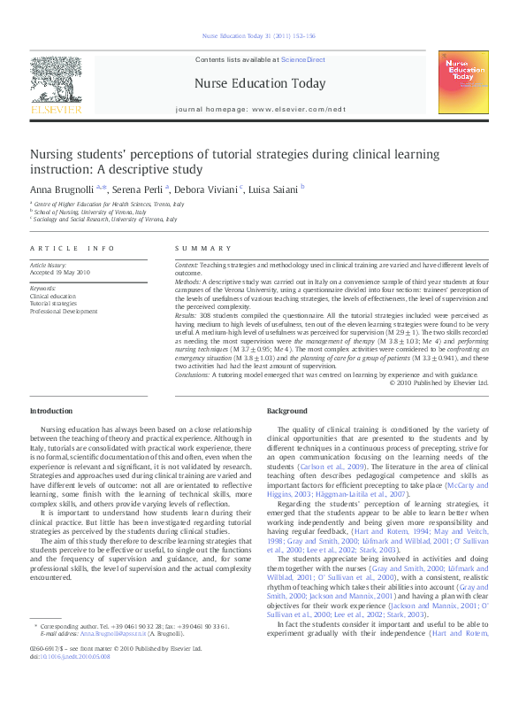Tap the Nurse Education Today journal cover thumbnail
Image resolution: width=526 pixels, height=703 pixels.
462,81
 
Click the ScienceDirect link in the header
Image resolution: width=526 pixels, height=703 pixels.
302,59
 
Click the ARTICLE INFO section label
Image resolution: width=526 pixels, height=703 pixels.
72,249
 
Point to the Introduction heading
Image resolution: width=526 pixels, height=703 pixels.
52,411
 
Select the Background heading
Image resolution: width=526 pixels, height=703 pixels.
287,411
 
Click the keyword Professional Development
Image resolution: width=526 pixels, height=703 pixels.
64,312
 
